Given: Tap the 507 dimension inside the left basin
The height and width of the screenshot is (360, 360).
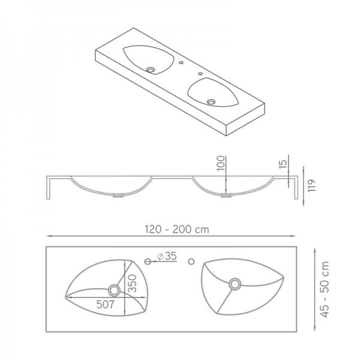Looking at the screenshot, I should (106, 304).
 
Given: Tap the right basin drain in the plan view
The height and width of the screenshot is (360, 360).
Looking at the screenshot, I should (235, 283).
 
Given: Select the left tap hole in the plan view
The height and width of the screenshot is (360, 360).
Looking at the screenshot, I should (148, 260).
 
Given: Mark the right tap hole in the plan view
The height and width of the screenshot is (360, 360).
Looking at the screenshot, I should (192, 260).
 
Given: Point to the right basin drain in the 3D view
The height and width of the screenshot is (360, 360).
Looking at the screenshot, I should (211, 101).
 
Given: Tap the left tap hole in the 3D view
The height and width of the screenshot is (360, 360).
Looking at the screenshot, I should (181, 62).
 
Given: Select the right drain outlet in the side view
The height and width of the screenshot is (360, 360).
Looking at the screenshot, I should (226, 195).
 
